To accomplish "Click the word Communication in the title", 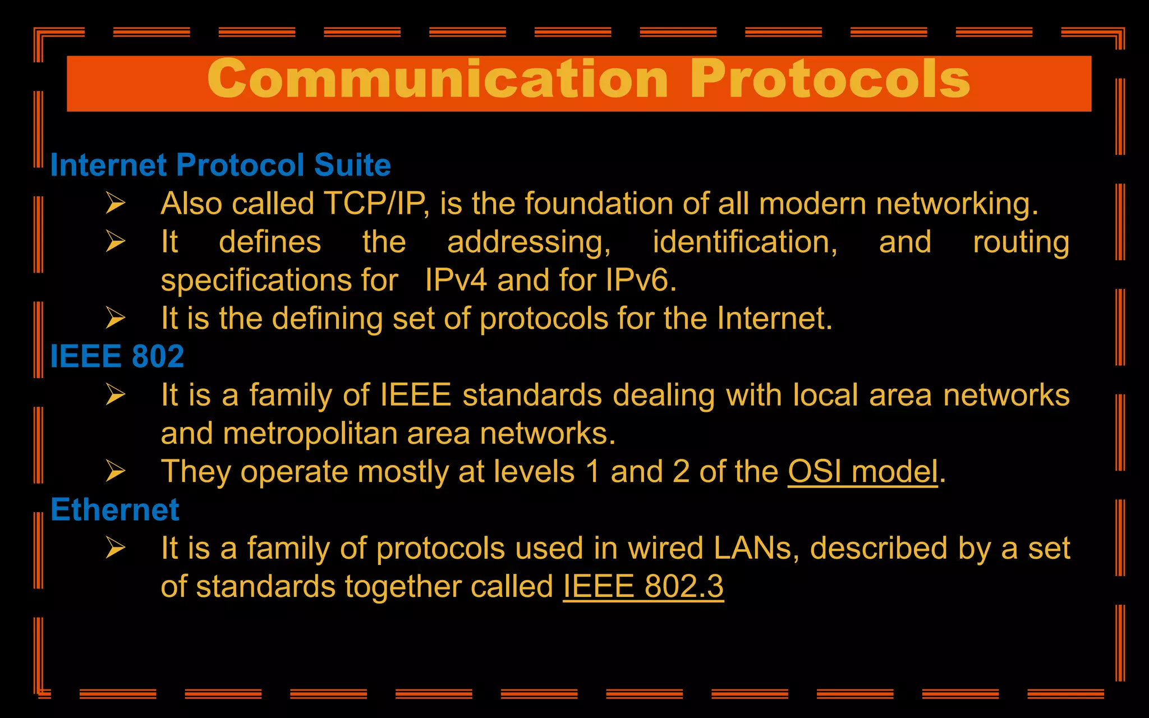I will click(438, 80).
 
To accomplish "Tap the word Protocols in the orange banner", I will click(830, 80).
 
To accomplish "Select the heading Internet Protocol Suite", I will click(220, 165).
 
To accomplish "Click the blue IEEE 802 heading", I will click(117, 356).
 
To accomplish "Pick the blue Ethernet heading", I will click(115, 510).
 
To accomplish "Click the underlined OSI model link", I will click(863, 472).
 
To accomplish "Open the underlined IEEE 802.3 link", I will click(643, 587).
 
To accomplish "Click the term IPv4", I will click(456, 280).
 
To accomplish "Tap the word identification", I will click(744, 242).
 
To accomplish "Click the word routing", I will click(1021, 242).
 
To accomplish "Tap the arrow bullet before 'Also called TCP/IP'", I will click(116, 203).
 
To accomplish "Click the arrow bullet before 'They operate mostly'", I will click(116, 471).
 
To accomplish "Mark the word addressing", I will click(528, 242).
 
